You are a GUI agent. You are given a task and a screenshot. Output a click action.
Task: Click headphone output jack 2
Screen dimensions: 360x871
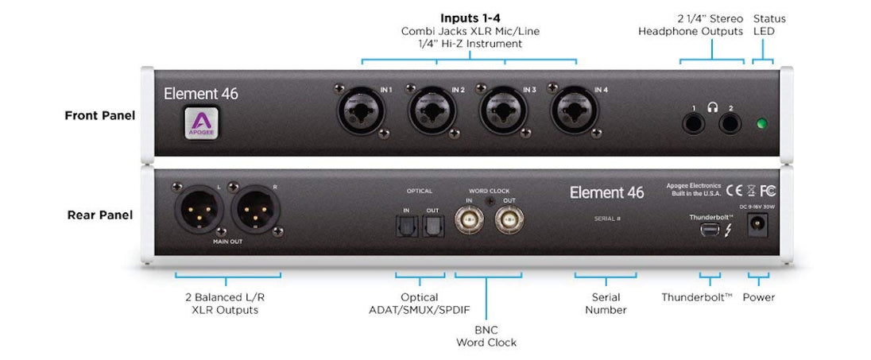point(730,124)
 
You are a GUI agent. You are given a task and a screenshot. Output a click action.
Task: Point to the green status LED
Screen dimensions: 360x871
point(763,124)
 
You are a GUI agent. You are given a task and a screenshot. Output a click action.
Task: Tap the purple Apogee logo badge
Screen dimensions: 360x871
point(201,123)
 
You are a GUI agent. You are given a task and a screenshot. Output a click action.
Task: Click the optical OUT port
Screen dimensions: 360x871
point(432,228)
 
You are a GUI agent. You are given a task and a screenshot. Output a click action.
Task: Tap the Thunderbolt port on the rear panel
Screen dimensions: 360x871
point(710,230)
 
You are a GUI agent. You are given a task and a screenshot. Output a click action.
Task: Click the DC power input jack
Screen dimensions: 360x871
point(758,229)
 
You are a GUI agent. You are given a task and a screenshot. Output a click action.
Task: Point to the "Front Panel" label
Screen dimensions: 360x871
point(99,116)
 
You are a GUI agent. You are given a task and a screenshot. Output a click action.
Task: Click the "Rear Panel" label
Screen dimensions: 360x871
point(99,215)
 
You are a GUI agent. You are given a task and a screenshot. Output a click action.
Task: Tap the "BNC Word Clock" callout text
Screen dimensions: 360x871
point(486,336)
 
